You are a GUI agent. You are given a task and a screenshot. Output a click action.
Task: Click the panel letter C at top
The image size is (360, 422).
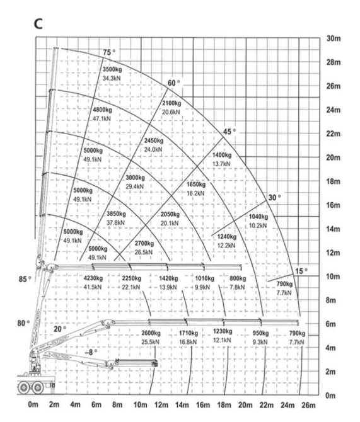(x=38, y=23)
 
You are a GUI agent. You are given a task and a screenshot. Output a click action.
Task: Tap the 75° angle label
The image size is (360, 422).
(x=109, y=52)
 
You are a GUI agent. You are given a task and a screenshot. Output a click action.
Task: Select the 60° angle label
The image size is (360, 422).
(x=174, y=83)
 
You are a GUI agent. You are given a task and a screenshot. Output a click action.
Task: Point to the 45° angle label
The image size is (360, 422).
(x=229, y=132)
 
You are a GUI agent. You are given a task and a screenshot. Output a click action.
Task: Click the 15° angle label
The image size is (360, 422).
(x=301, y=271)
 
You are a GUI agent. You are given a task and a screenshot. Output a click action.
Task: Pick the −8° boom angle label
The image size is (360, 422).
(x=91, y=352)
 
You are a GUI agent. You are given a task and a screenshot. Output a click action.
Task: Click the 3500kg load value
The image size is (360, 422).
(x=112, y=69)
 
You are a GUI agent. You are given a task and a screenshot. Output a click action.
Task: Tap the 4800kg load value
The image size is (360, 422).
(x=102, y=110)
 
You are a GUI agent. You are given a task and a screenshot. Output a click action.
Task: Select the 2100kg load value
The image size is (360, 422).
(x=171, y=103)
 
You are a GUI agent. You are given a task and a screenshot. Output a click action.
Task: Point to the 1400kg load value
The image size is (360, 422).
(x=222, y=155)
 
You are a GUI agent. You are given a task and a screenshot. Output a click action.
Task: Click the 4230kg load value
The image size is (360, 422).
(x=93, y=278)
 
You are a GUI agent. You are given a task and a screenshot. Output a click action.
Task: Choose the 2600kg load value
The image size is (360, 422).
(x=151, y=333)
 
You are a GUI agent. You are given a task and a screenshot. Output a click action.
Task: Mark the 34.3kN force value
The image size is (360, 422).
(x=112, y=79)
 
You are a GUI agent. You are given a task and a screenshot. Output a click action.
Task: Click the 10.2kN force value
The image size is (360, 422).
(x=258, y=225)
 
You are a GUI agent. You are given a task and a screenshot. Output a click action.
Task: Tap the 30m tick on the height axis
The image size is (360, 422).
(x=334, y=38)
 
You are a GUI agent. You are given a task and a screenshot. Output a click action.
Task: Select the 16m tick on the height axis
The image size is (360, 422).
(x=334, y=205)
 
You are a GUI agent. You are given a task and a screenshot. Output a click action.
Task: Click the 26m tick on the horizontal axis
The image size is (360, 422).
(x=308, y=405)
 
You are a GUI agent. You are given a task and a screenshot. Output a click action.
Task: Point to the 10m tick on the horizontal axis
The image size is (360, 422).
(x=141, y=405)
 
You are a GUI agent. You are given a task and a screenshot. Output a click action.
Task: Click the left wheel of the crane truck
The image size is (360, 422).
(x=23, y=387)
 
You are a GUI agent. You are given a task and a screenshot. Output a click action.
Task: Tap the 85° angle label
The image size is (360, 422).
(x=25, y=280)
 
